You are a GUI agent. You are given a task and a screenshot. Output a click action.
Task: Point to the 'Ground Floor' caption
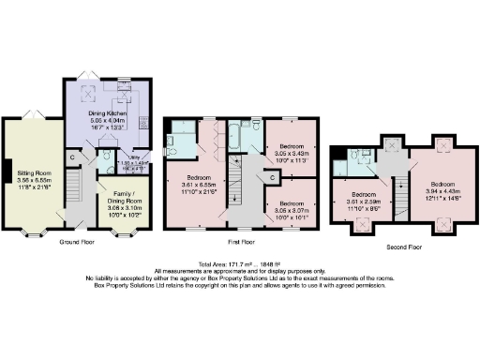tap(82, 241)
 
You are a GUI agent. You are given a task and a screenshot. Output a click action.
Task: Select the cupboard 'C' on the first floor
tap(272, 178)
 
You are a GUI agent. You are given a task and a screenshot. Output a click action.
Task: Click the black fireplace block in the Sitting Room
tap(7, 170)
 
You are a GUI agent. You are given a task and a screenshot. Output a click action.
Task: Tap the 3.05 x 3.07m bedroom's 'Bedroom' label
tap(291, 203)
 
